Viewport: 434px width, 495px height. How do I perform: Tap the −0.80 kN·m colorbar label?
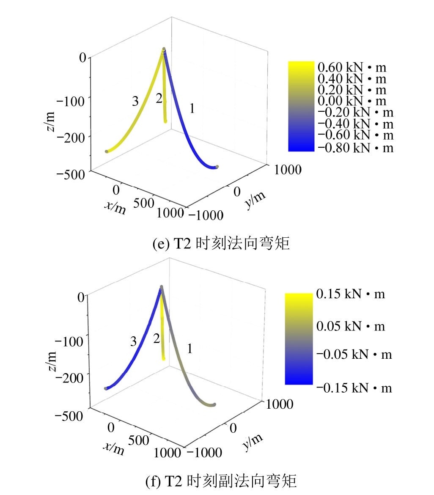355,148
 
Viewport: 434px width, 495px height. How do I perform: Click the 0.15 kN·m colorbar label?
351,294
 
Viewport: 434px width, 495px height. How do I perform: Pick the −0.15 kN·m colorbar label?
354,388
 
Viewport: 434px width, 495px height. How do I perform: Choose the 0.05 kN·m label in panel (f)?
351,326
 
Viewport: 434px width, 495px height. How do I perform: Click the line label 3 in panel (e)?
135,101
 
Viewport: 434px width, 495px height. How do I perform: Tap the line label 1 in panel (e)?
192,109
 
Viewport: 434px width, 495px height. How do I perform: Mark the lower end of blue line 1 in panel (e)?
217,167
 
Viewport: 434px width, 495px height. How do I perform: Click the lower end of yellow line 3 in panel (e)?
107,151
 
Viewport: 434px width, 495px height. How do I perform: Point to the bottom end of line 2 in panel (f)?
164,359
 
